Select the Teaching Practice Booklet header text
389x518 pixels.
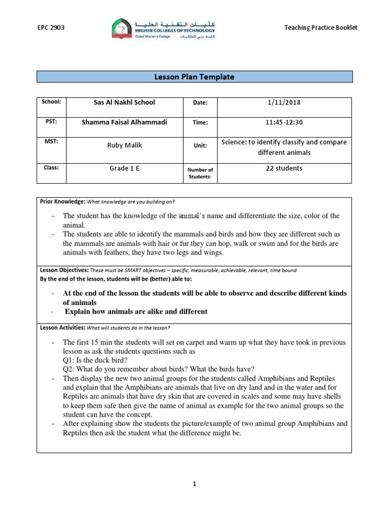pos(321,28)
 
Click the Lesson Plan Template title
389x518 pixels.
pos(194,77)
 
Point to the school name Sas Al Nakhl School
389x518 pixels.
pos(125,102)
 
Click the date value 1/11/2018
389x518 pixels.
pos(284,102)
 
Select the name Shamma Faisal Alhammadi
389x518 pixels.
pos(125,122)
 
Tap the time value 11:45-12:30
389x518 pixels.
pos(284,122)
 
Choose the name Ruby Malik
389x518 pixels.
pos(125,145)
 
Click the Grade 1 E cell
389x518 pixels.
pos(125,168)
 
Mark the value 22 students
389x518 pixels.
pos(284,168)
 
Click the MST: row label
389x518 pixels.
pos(51,142)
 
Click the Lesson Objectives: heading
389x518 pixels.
pos(63,270)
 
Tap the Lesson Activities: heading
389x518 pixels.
pos(63,328)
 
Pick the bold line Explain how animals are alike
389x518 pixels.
pos(136,312)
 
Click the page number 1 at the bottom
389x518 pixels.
pos(194,484)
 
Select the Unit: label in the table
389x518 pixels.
pos(200,145)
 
